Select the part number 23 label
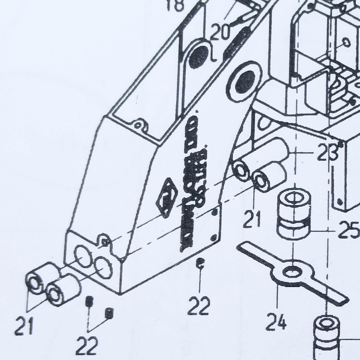click(x=328, y=153)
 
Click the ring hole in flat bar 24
click(x=293, y=272)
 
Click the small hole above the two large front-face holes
click(x=105, y=241)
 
